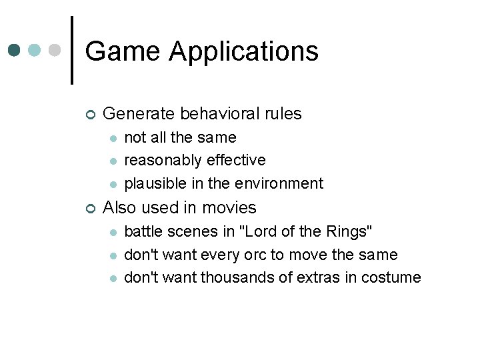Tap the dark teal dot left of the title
(x=14, y=51)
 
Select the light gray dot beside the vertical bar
(x=55, y=51)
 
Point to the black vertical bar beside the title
(x=71, y=51)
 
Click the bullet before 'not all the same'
(x=113, y=138)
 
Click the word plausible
(x=151, y=183)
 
